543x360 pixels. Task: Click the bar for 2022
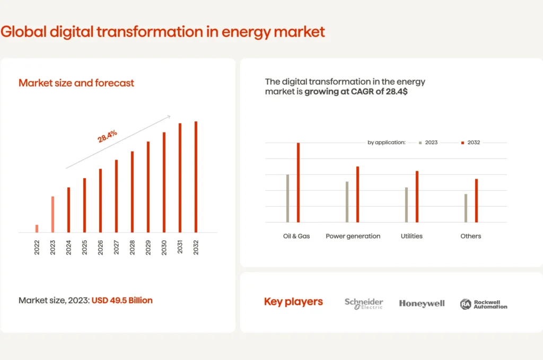(37, 229)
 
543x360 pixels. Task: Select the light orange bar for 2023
(52, 214)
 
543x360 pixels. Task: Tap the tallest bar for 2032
(196, 177)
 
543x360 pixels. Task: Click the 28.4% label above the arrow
(107, 136)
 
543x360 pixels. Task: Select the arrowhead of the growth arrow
(168, 117)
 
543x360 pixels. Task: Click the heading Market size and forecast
(76, 83)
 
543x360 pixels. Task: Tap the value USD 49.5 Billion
(122, 300)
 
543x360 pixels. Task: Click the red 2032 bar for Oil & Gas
(298, 183)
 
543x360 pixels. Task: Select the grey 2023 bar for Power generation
(347, 202)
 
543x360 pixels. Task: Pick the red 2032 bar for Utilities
(417, 197)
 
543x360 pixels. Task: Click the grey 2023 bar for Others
(466, 208)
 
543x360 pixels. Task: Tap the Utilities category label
(411, 236)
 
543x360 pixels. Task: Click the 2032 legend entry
(471, 143)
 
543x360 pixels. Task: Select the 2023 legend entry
(428, 143)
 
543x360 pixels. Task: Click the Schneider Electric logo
(364, 303)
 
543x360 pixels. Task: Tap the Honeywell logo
(422, 303)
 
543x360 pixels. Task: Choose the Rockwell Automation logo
(484, 304)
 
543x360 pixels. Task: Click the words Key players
(293, 302)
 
